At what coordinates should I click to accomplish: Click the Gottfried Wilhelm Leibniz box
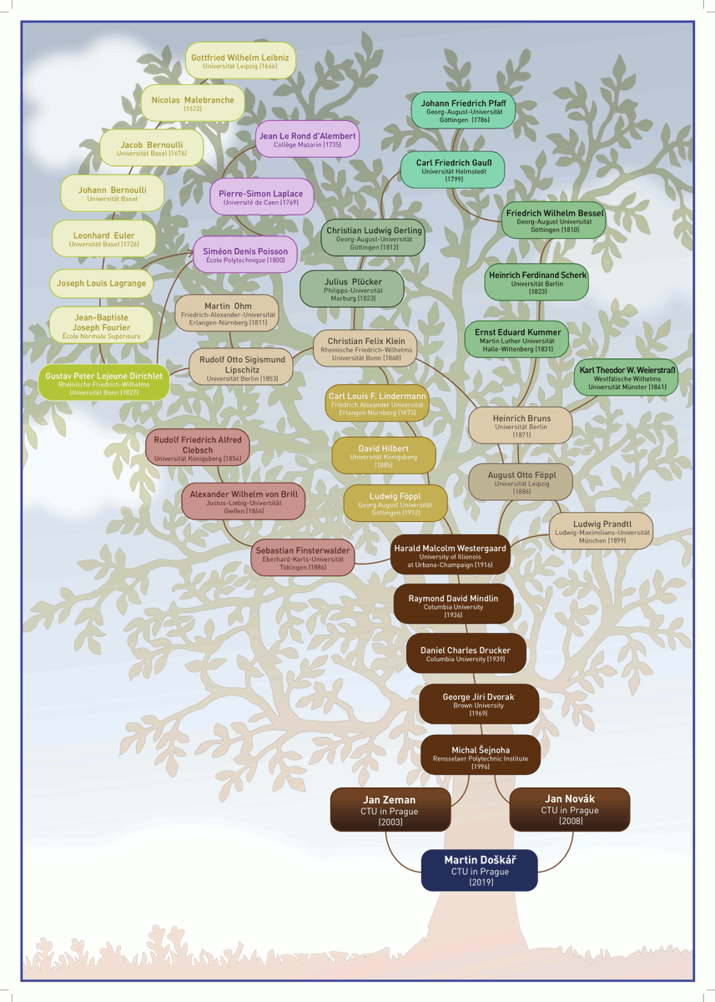[240, 60]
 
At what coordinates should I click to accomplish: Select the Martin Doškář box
[480, 870]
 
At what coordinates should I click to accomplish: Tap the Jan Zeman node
[390, 810]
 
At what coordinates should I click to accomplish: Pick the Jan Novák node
[570, 809]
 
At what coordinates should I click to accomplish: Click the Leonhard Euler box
[103, 239]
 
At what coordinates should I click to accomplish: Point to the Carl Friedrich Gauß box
[454, 170]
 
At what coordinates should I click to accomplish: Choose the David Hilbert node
[384, 454]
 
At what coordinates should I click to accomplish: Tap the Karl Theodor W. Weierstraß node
[627, 377]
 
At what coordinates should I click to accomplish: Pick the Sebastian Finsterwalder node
[303, 557]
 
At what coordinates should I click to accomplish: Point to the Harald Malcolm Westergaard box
[451, 554]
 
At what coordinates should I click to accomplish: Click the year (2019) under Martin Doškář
[481, 882]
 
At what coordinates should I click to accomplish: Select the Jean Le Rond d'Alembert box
[308, 139]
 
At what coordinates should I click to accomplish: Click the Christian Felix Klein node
[365, 348]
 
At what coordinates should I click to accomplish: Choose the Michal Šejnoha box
[481, 754]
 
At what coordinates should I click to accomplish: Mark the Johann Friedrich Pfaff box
[463, 110]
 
